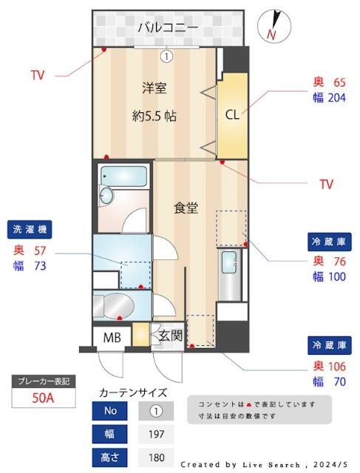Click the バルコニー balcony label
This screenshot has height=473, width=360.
pyautogui.click(x=167, y=28)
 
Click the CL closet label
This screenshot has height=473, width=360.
pyautogui.click(x=232, y=115)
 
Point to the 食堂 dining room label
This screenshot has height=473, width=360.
pyautogui.click(x=186, y=208)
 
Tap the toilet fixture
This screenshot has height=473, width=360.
pyautogui.click(x=116, y=305)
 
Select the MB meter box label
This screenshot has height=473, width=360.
pyautogui.click(x=112, y=337)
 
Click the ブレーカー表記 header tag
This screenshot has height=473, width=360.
pyautogui.click(x=42, y=381)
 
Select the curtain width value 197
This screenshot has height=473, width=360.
pyautogui.click(x=156, y=434)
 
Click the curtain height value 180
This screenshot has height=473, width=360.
pyautogui.click(x=156, y=457)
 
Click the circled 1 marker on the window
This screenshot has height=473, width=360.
pyautogui.click(x=167, y=55)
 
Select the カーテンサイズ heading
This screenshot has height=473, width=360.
pyautogui.click(x=132, y=392)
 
